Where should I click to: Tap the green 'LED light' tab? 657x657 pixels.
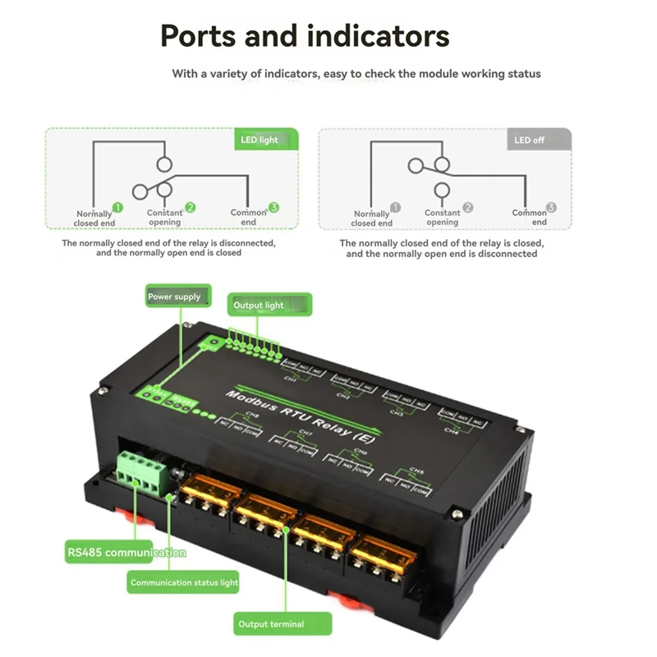pyautogui.click(x=260, y=140)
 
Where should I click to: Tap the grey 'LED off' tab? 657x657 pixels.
pyautogui.click(x=530, y=140)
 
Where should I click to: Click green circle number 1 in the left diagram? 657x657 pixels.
pyautogui.click(x=117, y=209)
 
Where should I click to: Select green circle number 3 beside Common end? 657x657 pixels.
pyautogui.click(x=273, y=209)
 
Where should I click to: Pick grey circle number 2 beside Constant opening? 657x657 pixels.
pyautogui.click(x=468, y=209)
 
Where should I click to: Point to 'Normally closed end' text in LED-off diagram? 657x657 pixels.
pyautogui.click(x=372, y=218)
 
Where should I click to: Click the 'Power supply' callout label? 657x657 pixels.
pyautogui.click(x=174, y=296)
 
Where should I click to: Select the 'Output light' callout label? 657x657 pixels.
pyautogui.click(x=259, y=306)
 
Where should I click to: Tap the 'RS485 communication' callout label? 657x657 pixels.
pyautogui.click(x=126, y=553)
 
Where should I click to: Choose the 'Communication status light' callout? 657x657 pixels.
pyautogui.click(x=184, y=583)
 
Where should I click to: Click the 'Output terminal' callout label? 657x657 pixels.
pyautogui.click(x=271, y=624)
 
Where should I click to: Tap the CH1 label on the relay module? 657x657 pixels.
pyautogui.click(x=289, y=379)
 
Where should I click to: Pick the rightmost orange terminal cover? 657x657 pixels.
pyautogui.click(x=381, y=551)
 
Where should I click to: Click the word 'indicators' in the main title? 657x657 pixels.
pyautogui.click(x=378, y=37)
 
